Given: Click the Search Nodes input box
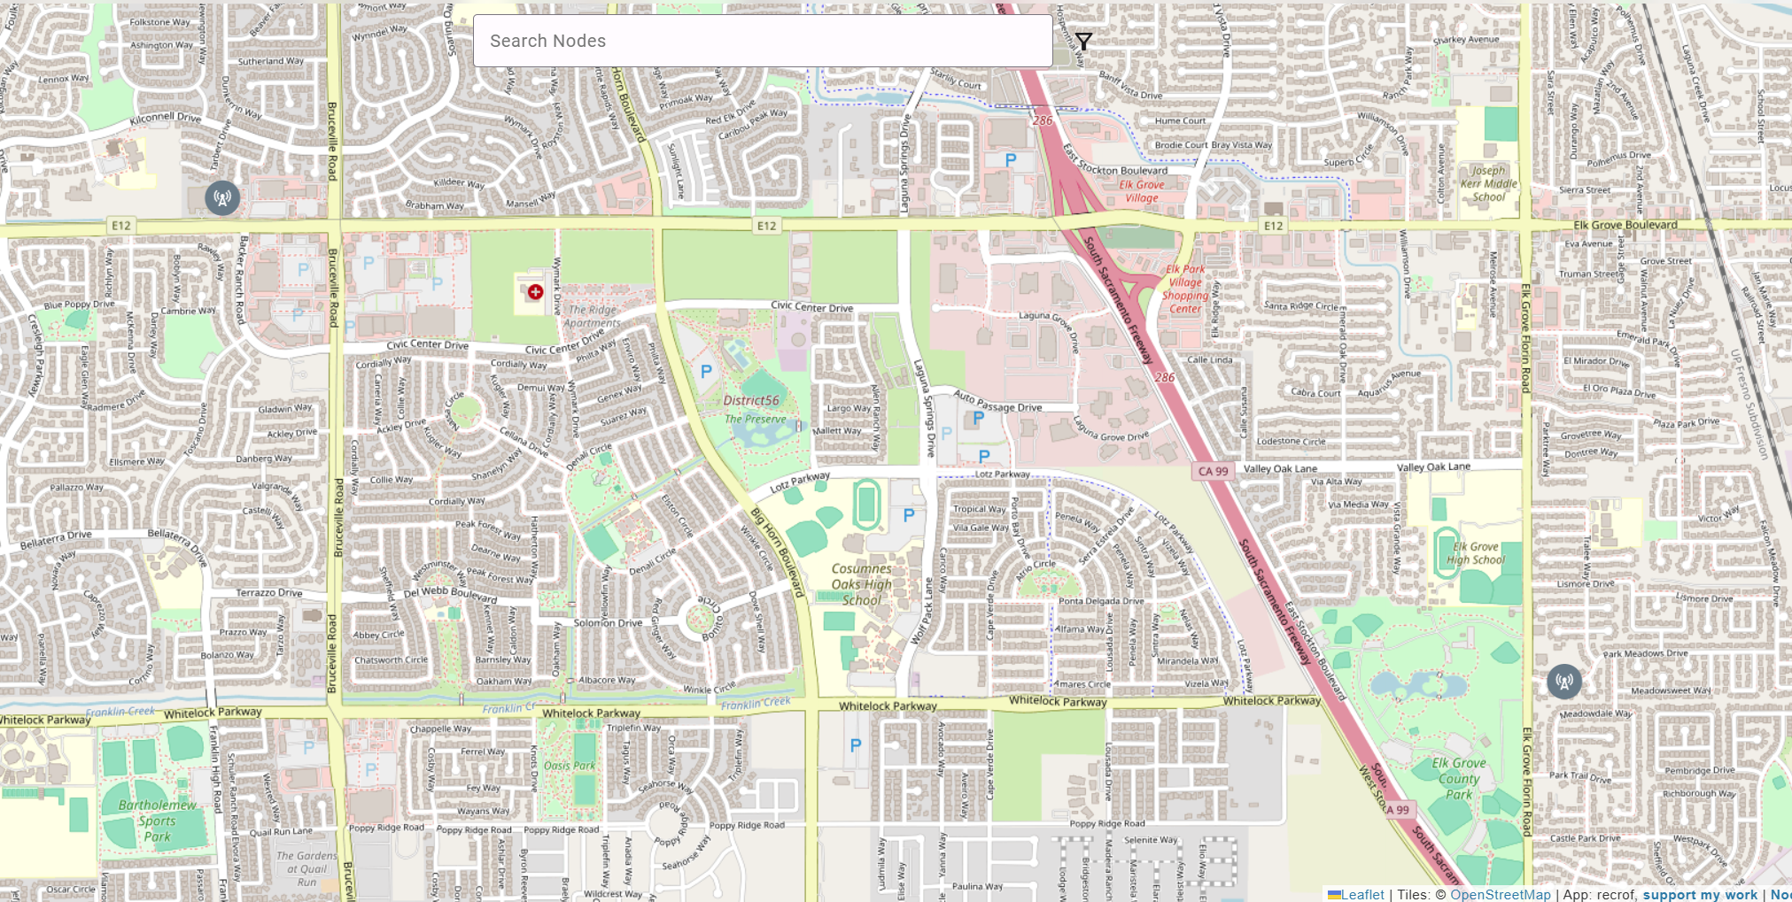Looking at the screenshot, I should pos(762,41).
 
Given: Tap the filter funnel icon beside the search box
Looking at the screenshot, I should pos(1083,42).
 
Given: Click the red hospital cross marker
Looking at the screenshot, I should pos(535,292).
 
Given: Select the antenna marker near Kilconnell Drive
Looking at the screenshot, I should pos(222,198).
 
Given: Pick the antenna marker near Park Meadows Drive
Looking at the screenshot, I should pos(1564,682).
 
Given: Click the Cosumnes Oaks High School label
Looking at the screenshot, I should pos(861,584).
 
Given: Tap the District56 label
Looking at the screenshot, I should pos(751,400).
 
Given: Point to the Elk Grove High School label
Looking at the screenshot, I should pos(1476,553).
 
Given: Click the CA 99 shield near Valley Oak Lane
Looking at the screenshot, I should pos(1213,471).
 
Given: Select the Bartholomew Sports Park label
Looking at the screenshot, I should pos(158,821).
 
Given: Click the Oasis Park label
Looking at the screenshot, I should pos(570,766).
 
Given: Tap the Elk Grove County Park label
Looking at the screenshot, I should pos(1459,779).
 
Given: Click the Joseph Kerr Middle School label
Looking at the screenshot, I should pos(1488,184).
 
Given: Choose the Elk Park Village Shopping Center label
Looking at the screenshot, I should pos(1185,289).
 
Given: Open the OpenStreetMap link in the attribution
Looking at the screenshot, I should pos(1500,894).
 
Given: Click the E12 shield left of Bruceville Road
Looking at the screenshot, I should pos(121,226).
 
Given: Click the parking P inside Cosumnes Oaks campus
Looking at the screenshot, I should pos(908,514).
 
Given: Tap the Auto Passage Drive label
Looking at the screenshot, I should pos(997,403).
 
